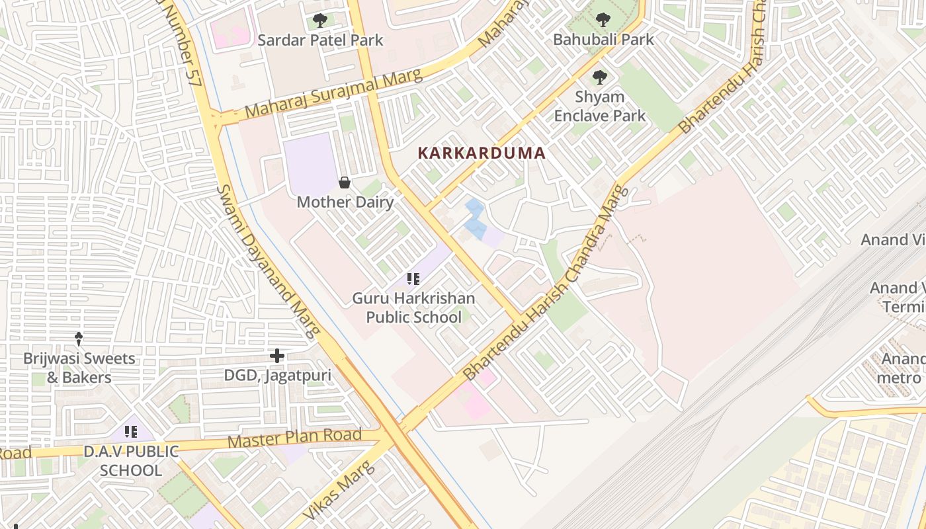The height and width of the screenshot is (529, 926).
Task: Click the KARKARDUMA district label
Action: pyautogui.click(x=482, y=153)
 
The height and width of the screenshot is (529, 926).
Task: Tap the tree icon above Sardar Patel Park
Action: pyautogui.click(x=320, y=20)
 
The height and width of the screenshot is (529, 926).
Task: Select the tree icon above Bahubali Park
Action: pyautogui.click(x=603, y=20)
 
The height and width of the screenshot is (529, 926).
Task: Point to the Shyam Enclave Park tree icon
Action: pyautogui.click(x=599, y=77)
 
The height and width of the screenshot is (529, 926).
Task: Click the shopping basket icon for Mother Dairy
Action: pyautogui.click(x=345, y=183)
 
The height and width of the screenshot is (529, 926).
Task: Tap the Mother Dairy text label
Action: pyautogui.click(x=345, y=202)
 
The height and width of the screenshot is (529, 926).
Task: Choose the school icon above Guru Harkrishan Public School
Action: pyautogui.click(x=413, y=279)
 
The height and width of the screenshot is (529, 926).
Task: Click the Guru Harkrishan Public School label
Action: pyautogui.click(x=413, y=308)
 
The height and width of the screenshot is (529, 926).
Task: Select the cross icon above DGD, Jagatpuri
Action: pyautogui.click(x=277, y=356)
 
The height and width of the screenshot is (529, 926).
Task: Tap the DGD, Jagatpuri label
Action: pyautogui.click(x=277, y=376)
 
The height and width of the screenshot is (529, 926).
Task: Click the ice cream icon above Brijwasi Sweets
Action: pyautogui.click(x=79, y=339)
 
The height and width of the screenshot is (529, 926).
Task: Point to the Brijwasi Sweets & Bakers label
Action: pyautogui.click(x=79, y=368)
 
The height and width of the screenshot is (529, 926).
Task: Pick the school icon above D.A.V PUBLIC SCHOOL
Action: pyautogui.click(x=131, y=432)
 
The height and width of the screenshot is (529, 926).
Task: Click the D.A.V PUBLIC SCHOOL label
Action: pyautogui.click(x=131, y=461)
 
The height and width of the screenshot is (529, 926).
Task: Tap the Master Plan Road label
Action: pyautogui.click(x=295, y=438)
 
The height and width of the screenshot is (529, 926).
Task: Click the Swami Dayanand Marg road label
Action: pyautogui.click(x=268, y=262)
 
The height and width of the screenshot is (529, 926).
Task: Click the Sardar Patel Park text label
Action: pyautogui.click(x=320, y=40)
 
